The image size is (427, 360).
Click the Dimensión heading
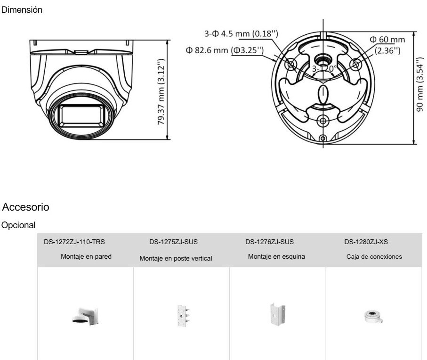[x=22, y=10]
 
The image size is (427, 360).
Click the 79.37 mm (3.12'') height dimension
[x=161, y=91]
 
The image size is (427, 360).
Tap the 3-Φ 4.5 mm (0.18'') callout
[x=242, y=33]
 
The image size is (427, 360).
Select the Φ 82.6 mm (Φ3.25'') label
[x=225, y=50]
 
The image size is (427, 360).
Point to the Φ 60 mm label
[x=387, y=40]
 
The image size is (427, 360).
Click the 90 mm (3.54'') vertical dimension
[x=419, y=84]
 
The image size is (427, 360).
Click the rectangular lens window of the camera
[x=81, y=115]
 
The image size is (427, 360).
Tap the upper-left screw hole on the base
[x=290, y=65]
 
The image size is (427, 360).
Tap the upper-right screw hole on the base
[x=355, y=65]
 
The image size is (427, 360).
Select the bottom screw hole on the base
[x=323, y=121]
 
